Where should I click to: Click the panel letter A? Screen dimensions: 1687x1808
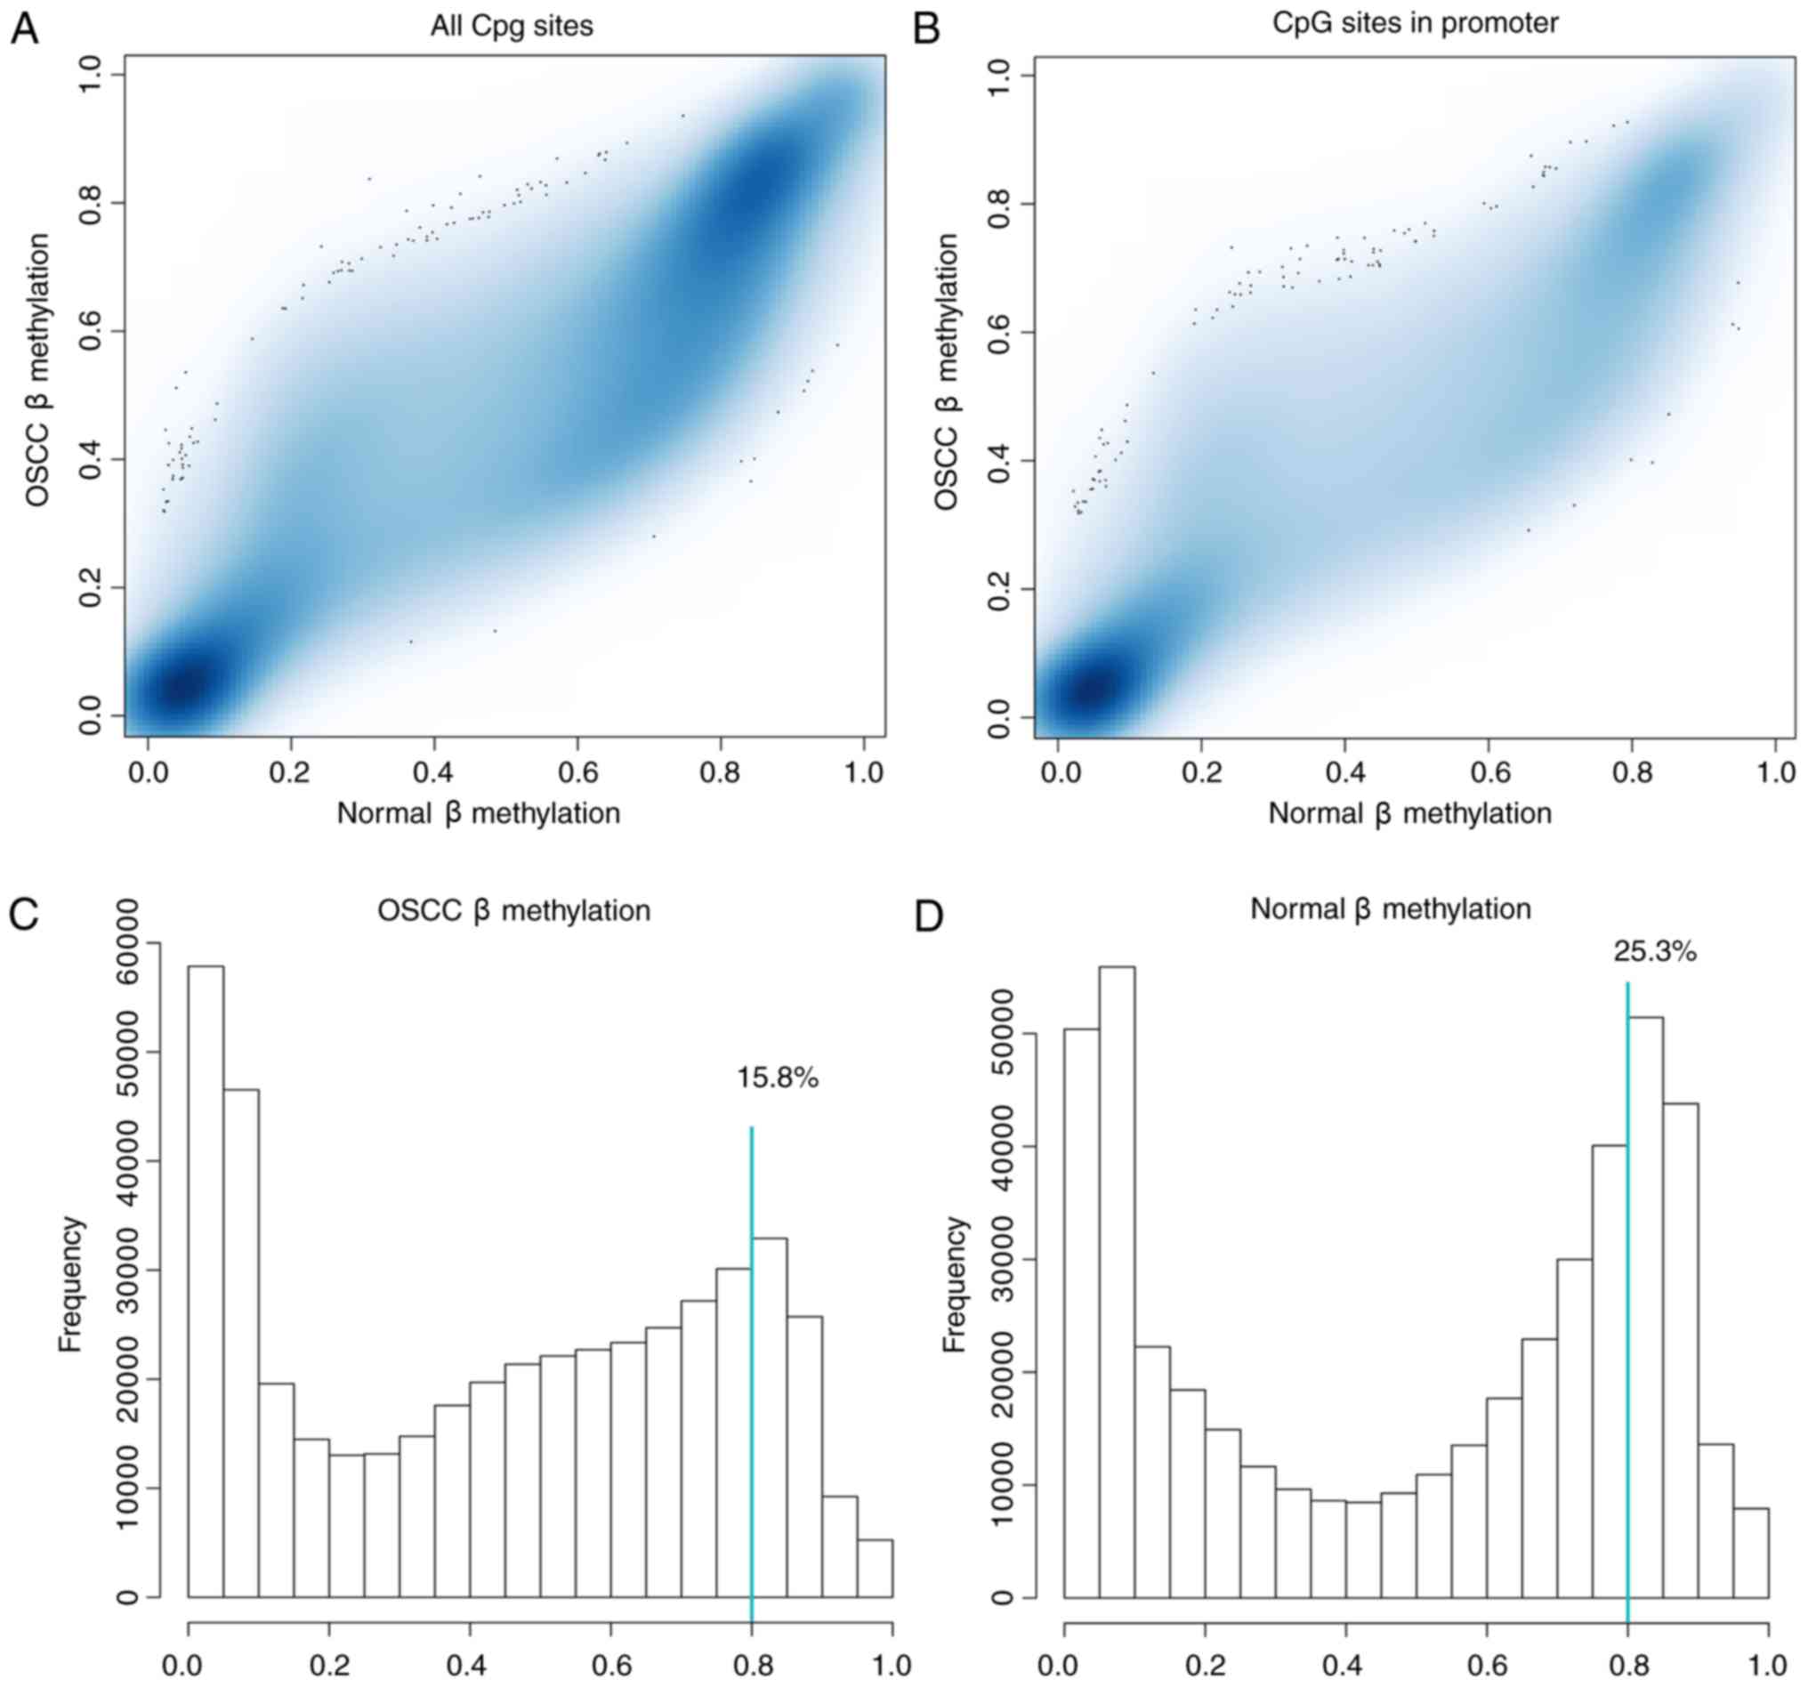tap(24, 29)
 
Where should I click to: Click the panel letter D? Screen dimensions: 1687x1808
tap(929, 917)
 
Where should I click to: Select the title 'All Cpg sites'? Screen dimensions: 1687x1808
tap(511, 27)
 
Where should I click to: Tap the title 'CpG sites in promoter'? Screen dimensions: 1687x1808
tap(1414, 23)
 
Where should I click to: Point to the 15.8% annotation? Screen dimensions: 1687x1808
tap(777, 1078)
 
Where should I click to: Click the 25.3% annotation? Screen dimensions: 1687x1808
tap(1654, 952)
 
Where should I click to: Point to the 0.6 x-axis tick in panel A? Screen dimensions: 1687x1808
tap(577, 773)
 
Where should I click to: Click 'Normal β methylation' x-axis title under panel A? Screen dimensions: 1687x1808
tap(479, 813)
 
